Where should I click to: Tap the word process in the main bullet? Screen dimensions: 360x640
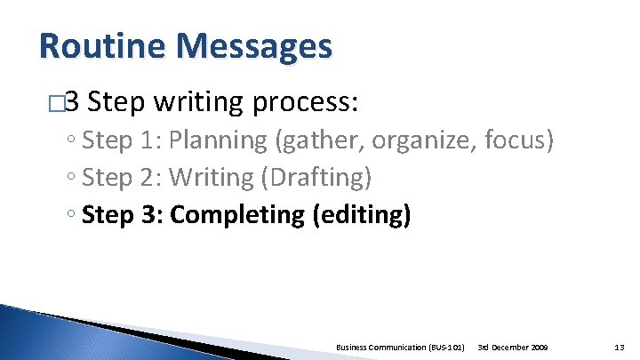304,103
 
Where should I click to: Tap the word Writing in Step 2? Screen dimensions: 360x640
212,178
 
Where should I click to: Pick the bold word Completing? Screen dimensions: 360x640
237,215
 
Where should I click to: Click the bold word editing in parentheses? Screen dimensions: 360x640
362,215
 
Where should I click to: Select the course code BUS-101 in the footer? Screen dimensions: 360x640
444,346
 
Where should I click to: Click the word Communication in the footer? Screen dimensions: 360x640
391,346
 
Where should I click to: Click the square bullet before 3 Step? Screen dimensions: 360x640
58,104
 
